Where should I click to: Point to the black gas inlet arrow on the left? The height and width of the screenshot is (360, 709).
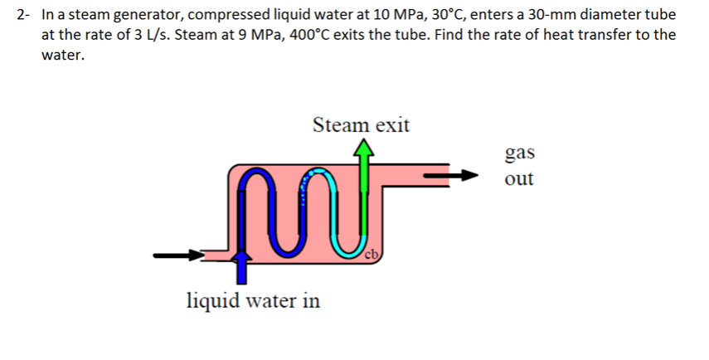179,255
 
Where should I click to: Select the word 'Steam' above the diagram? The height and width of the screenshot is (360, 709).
338,125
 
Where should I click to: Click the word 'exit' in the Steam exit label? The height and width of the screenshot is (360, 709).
391,125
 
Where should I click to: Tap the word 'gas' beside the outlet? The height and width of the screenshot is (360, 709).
519,153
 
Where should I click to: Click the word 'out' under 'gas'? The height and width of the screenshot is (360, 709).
519,178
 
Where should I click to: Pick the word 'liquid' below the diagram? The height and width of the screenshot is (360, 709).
211,299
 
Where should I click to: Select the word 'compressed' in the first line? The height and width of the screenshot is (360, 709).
223,15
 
